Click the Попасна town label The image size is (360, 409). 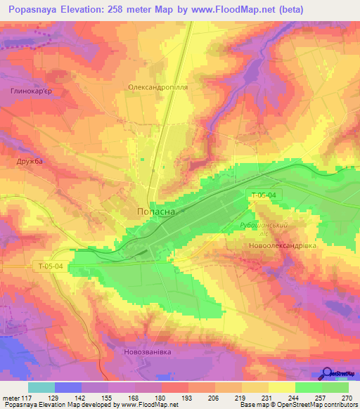pyautogui.click(x=157, y=210)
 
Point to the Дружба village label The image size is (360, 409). pyautogui.click(x=30, y=161)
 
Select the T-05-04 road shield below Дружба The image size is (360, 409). pyautogui.click(x=51, y=266)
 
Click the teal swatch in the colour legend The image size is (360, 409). pyautogui.click(x=41, y=387)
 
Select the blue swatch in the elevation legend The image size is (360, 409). pyautogui.click(x=68, y=387)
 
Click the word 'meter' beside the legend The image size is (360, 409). pyautogui.click(x=11, y=398)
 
